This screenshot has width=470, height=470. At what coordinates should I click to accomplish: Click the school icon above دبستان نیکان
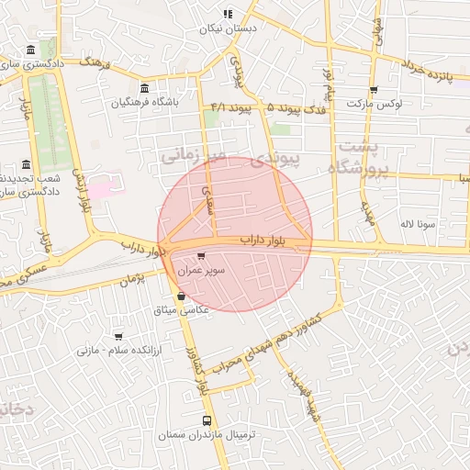pyautogui.click(x=228, y=14)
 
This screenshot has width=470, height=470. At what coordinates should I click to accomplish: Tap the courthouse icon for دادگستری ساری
pyautogui.click(x=31, y=50)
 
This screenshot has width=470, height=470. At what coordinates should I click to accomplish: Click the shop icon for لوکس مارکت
pyautogui.click(x=373, y=90)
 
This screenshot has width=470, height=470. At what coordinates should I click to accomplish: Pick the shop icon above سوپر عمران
pyautogui.click(x=201, y=256)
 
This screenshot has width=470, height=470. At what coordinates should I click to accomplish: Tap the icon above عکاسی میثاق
pyautogui.click(x=180, y=297)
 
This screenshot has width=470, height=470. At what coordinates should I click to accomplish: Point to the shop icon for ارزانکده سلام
pyautogui.click(x=117, y=337)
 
